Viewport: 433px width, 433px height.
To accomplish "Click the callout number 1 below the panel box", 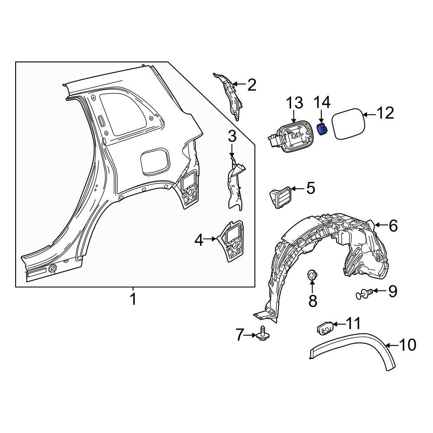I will [x=133, y=299].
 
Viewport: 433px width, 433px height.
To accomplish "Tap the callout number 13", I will [x=294, y=103].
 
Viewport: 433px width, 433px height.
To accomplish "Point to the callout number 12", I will [x=385, y=113].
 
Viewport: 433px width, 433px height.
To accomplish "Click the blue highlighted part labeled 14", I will [x=321, y=129].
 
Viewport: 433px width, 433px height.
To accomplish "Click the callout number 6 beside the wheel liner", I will [x=393, y=226].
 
